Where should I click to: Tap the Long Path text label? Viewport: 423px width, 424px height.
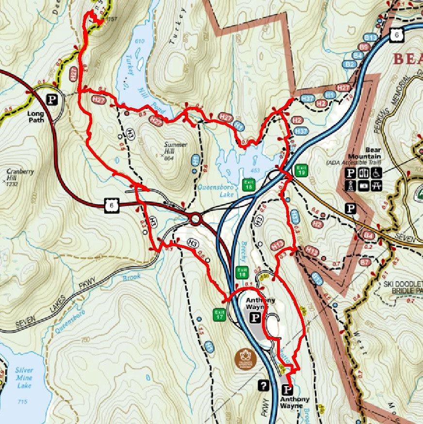(x=36, y=117)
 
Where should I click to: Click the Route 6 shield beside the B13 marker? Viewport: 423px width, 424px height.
(x=397, y=35)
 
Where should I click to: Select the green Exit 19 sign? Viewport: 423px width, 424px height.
(x=301, y=170)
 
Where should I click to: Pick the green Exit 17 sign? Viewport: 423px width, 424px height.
(x=220, y=314)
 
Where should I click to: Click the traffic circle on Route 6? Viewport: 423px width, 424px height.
(x=195, y=219)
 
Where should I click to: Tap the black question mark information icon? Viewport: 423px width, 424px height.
(x=264, y=385)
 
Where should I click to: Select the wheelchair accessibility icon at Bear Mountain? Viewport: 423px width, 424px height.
(x=377, y=173)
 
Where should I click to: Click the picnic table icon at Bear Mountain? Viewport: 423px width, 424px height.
(x=376, y=185)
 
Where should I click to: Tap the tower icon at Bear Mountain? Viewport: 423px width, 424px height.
(x=349, y=185)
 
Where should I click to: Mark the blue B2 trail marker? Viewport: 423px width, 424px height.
(x=349, y=64)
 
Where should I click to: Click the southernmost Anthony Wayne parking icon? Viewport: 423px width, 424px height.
(x=287, y=390)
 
